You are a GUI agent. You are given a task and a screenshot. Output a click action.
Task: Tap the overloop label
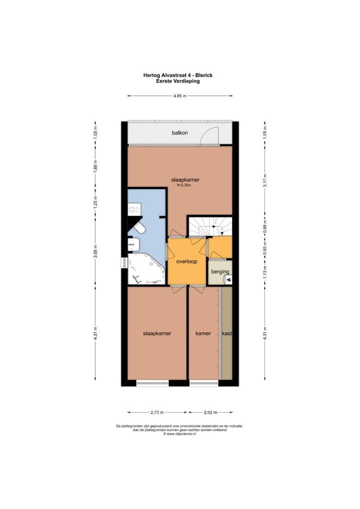[x=186, y=261]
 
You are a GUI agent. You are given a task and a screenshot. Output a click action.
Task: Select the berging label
[x=220, y=271]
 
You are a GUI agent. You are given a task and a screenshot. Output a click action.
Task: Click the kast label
[x=227, y=333]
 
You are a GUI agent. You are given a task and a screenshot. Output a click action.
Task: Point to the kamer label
[x=203, y=333]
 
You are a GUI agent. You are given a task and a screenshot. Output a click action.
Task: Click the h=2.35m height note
[x=184, y=185]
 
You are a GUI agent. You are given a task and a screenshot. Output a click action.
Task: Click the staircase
[x=210, y=226]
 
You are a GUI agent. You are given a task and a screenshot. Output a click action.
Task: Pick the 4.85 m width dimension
[x=180, y=95]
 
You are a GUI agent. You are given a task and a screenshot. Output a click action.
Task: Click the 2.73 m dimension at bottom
[x=157, y=412]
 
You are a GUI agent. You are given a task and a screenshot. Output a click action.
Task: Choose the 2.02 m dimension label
[x=210, y=412]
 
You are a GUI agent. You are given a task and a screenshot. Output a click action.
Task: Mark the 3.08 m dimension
[x=95, y=254]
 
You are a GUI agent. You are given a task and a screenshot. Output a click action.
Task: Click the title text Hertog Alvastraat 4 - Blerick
[x=178, y=75]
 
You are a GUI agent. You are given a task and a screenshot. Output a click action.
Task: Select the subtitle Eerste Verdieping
[x=178, y=81]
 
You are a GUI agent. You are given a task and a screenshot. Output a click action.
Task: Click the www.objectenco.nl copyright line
[x=179, y=434]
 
